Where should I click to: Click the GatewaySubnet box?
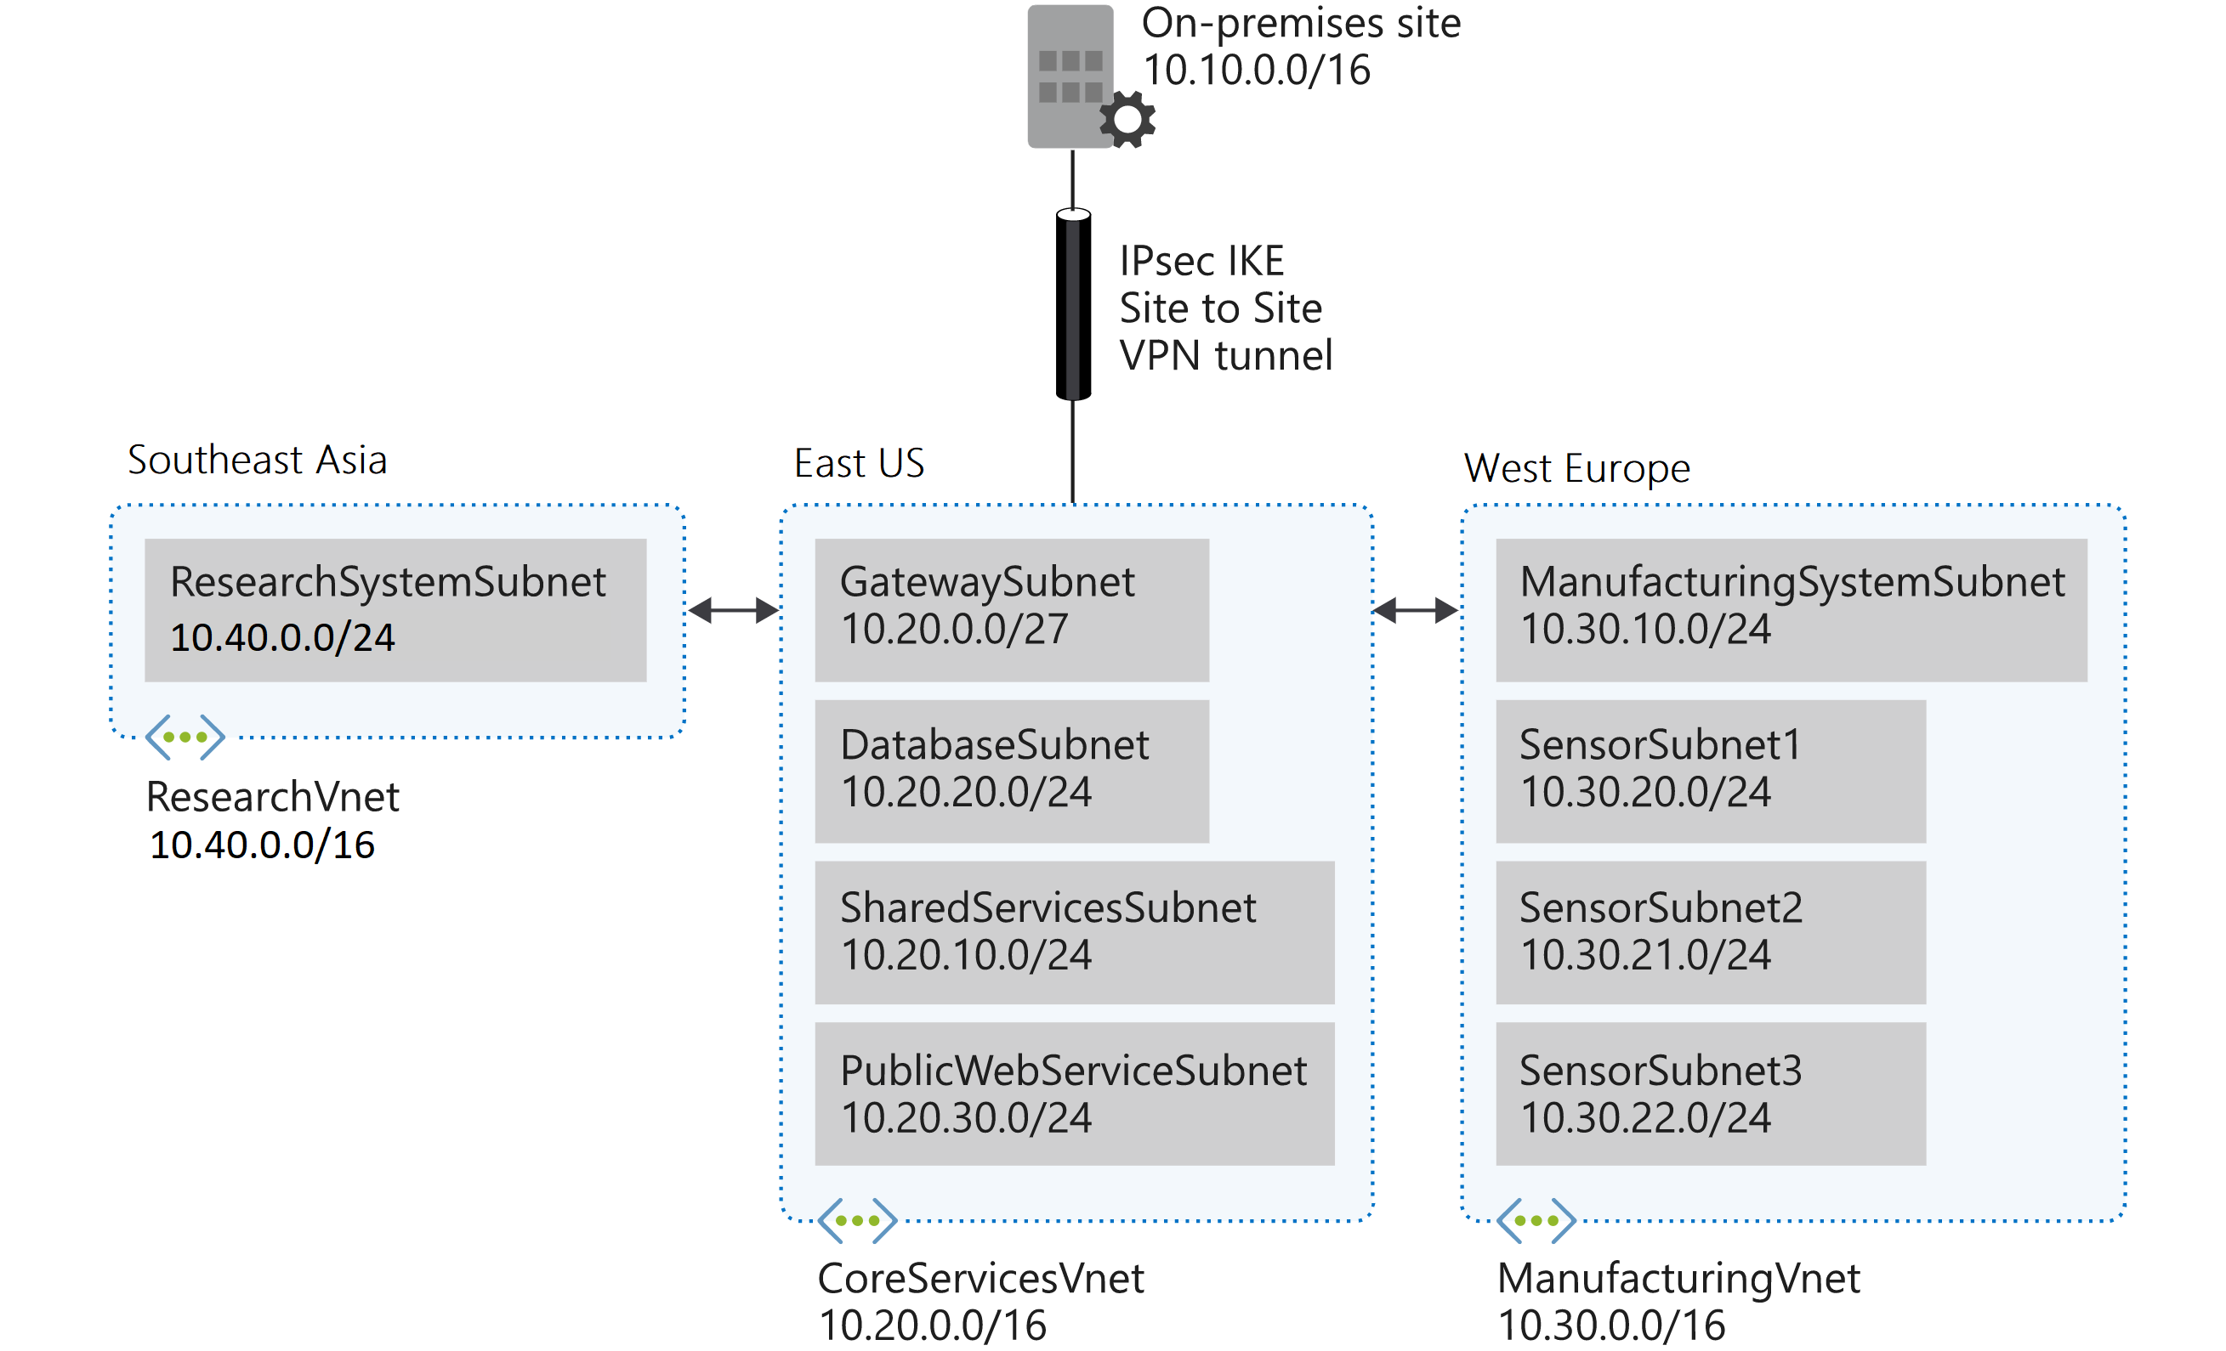coord(1011,609)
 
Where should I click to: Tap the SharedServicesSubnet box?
coord(1074,932)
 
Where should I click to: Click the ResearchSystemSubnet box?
coord(395,609)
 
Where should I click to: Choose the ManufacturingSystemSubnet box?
coord(1791,609)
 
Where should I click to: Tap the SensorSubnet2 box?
coord(1710,932)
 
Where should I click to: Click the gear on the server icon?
coord(1127,119)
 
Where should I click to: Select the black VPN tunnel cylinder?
coord(1072,304)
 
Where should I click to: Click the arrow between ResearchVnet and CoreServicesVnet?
coord(733,610)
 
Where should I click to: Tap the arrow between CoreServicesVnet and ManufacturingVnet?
coord(1415,610)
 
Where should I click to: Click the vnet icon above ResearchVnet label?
coord(185,737)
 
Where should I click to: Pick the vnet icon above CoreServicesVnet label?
coord(856,1220)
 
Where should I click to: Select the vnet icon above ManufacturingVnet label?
coord(1535,1220)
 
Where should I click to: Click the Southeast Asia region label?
coord(258,460)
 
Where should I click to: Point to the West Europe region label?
coord(1576,468)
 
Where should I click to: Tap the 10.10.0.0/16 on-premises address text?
coord(1256,71)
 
